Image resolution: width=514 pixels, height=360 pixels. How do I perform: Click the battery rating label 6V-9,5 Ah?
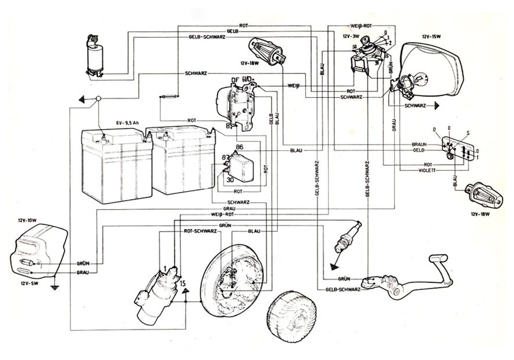pos(128,123)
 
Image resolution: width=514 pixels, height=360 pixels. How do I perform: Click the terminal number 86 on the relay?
pos(240,147)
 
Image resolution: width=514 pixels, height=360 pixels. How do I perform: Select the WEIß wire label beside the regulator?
pos(293,86)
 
